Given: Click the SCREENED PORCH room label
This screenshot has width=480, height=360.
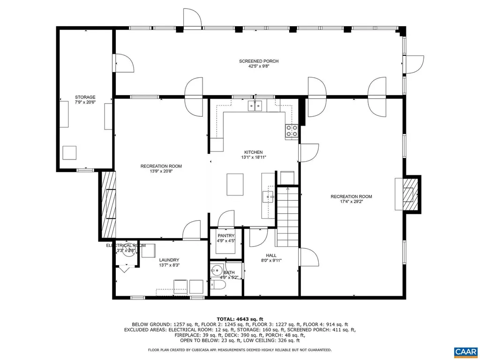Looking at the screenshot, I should pyautogui.click(x=259, y=61).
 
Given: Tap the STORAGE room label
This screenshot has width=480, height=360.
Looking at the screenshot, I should pyautogui.click(x=85, y=97).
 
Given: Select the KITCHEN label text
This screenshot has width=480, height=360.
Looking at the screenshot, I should pyautogui.click(x=253, y=152).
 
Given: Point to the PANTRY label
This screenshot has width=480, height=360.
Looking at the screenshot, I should pyautogui.click(x=226, y=236).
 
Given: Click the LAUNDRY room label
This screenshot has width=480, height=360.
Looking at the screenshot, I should pyautogui.click(x=169, y=260).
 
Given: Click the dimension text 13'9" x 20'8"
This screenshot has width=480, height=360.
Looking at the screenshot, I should pyautogui.click(x=161, y=172).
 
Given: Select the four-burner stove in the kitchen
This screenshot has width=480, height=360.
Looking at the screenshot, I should pyautogui.click(x=292, y=131).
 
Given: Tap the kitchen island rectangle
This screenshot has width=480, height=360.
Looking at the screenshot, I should pyautogui.click(x=236, y=184).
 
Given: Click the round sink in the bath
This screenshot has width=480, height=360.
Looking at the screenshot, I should pyautogui.click(x=217, y=270).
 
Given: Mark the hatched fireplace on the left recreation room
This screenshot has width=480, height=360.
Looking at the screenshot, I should pyautogui.click(x=108, y=205).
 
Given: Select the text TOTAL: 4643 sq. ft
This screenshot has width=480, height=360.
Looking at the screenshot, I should pyautogui.click(x=240, y=319).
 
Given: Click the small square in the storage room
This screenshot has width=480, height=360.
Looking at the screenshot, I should pyautogui.click(x=70, y=153).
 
